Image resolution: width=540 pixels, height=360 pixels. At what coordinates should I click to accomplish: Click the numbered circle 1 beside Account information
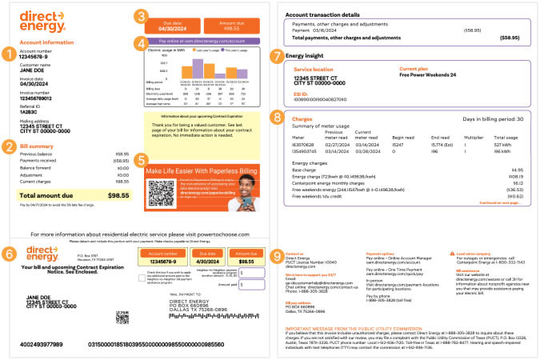[x=8, y=54]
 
